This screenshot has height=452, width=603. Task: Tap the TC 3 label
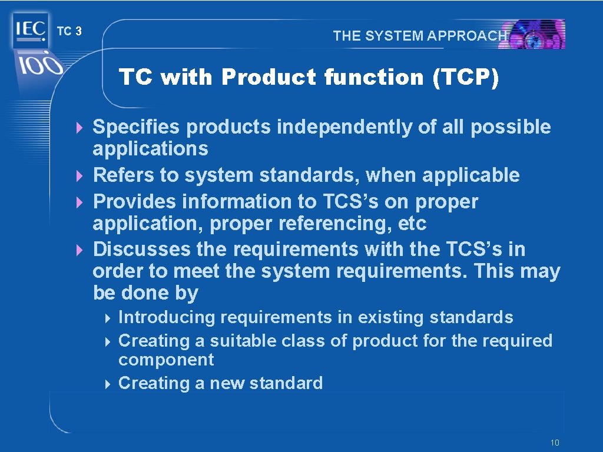coord(69,32)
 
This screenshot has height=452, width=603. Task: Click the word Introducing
coord(167,317)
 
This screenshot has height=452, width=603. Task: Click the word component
coord(166,360)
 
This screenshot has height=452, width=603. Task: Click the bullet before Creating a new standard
coord(108,384)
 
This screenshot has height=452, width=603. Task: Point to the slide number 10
coord(554,443)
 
